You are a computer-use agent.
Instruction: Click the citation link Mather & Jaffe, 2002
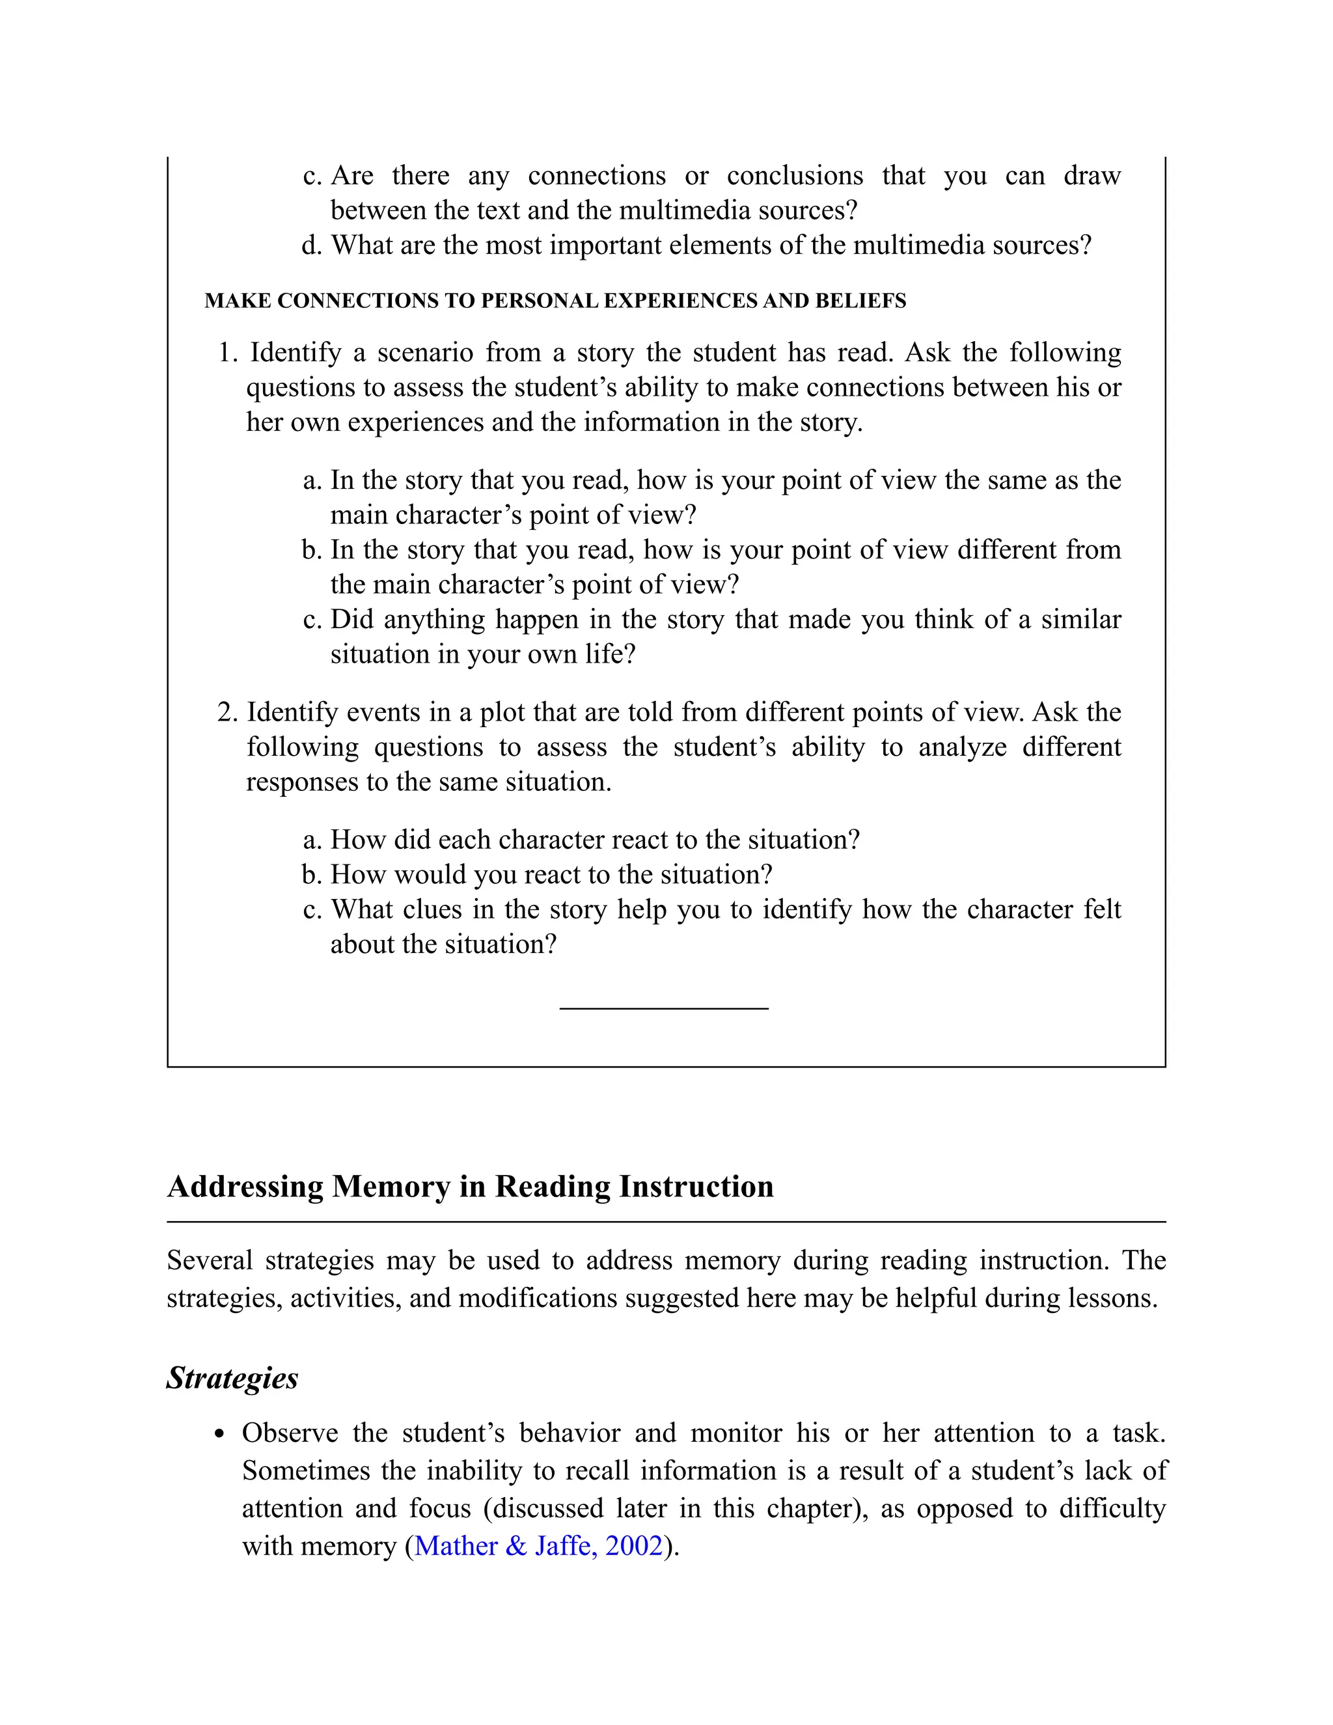pos(538,1546)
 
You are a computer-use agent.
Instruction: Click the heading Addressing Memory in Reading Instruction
pos(470,1186)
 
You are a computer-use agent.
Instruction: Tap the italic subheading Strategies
pos(232,1377)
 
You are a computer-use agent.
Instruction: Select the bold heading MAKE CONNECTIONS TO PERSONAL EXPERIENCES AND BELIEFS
pos(555,301)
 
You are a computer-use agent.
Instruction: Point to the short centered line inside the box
pos(663,1008)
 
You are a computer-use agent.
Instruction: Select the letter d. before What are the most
pos(312,245)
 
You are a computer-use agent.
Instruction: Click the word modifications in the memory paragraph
pos(537,1298)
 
